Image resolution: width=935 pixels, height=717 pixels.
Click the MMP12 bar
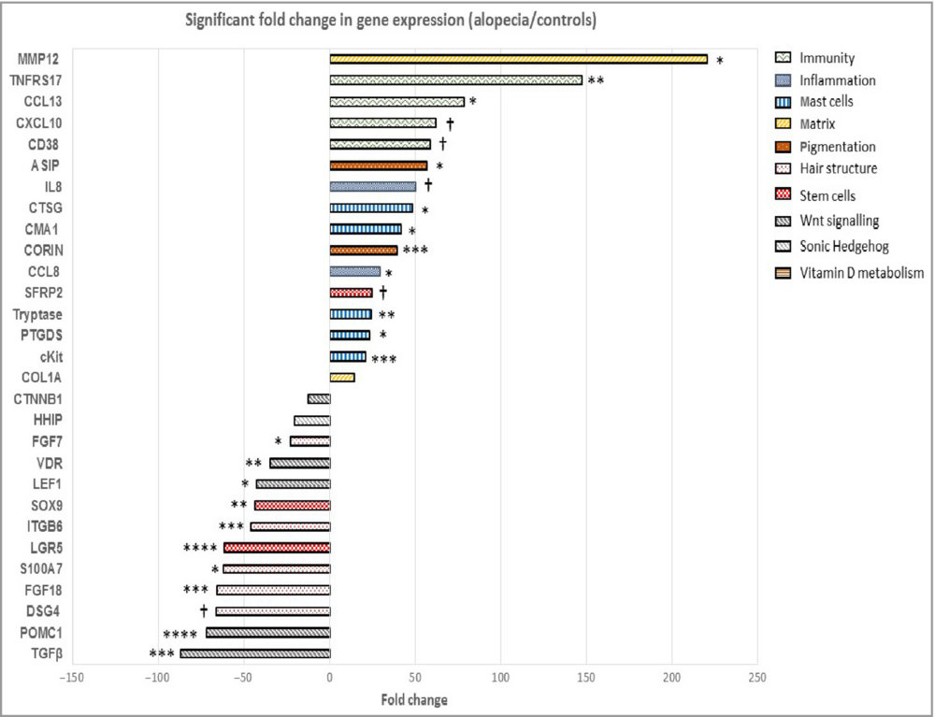(x=518, y=59)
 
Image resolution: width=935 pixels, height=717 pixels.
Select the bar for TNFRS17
(x=455, y=80)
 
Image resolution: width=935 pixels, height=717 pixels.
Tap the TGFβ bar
(x=255, y=653)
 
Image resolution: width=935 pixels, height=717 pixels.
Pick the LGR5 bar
(x=277, y=548)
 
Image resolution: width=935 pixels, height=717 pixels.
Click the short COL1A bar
(x=342, y=378)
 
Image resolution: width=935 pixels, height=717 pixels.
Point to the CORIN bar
(x=364, y=251)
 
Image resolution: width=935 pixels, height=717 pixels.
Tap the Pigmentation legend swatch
(x=786, y=147)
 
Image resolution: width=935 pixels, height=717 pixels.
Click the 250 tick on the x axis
(x=758, y=677)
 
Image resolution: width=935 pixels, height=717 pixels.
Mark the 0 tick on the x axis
(x=330, y=677)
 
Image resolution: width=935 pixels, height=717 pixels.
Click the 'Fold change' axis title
(x=414, y=699)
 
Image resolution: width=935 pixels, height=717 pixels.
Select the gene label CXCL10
(x=40, y=122)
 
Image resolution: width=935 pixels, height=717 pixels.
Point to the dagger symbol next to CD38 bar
(x=442, y=144)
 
